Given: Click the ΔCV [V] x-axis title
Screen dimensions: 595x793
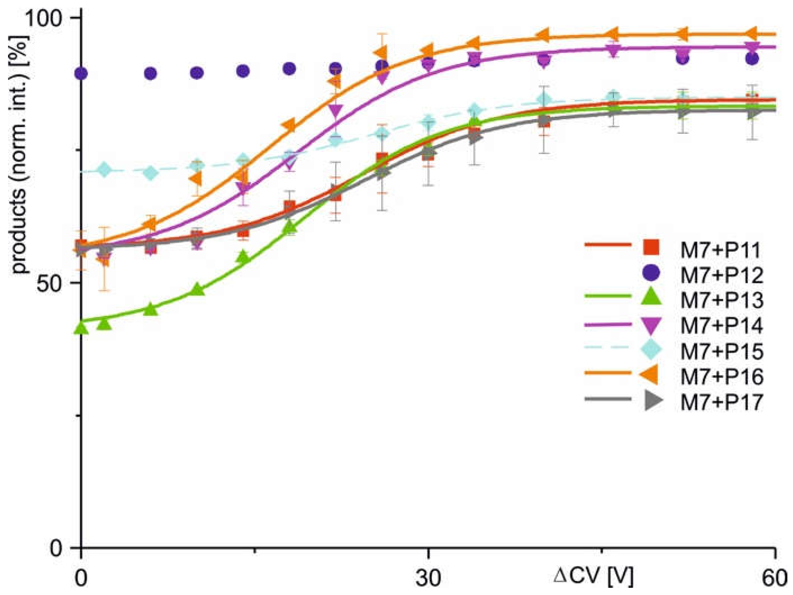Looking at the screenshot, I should pyautogui.click(x=594, y=577).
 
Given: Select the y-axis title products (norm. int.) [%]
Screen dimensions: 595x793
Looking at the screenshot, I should pyautogui.click(x=19, y=155).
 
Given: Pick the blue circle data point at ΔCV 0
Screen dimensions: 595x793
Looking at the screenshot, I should pyautogui.click(x=82, y=74).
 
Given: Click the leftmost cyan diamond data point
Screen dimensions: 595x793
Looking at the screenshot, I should pyautogui.click(x=105, y=170).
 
